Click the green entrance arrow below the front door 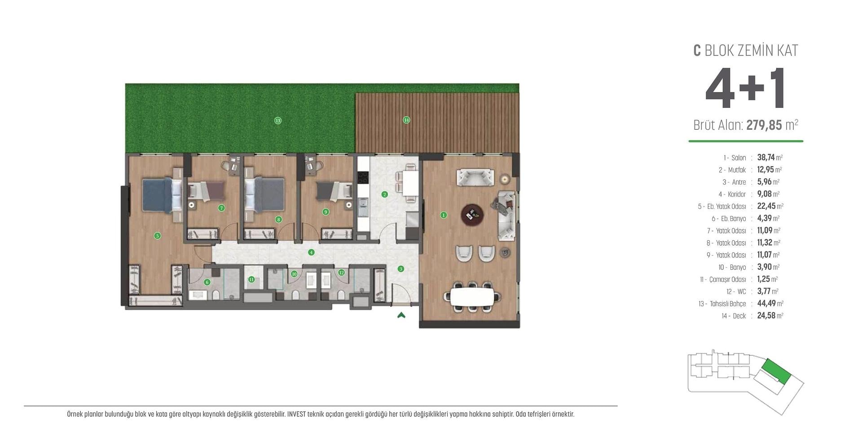coord(401,315)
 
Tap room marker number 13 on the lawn coord(278,120)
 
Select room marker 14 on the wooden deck coord(406,120)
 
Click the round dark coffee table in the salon coord(472,214)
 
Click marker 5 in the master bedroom coord(157,235)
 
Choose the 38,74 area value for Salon coord(766,157)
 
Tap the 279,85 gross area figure coord(764,125)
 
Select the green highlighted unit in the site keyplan coord(776,371)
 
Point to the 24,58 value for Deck coord(766,315)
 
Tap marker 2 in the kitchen coord(384,194)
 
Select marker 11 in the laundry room coord(251,279)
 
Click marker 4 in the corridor coord(311,252)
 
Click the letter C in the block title coord(697,50)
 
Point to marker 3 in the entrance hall coord(400,269)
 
